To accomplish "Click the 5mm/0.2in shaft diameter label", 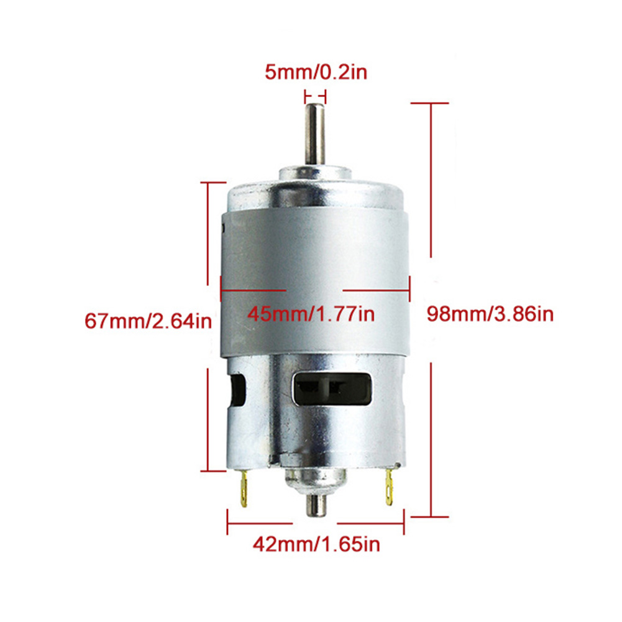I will coord(316,72).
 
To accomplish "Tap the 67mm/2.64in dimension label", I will coord(148,322).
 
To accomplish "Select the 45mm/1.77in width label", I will coord(311,314).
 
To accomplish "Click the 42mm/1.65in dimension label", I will coord(316,545).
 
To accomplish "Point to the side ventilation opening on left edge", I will coord(236,391).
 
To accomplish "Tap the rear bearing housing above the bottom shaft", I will coord(315,480).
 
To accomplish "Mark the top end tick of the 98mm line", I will coord(431,103).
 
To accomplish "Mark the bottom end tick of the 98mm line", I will coord(431,516).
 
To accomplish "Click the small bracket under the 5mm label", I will coord(315,96).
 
